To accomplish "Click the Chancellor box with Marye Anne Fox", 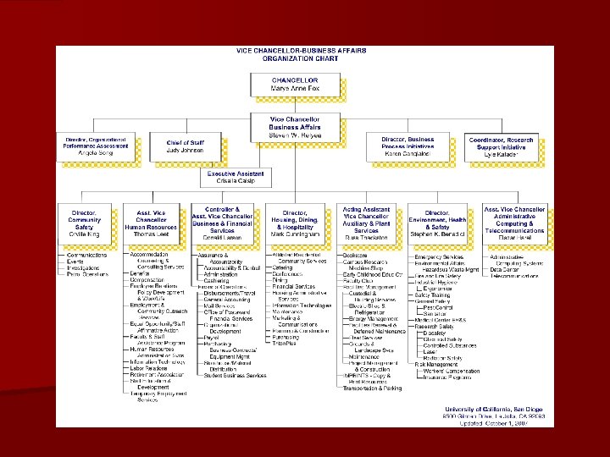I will pos(295,85).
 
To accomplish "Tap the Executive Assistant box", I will pos(236,178).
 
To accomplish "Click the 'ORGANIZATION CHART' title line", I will pos(305,60).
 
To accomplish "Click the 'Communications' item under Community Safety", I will pos(87,255).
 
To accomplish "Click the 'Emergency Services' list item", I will pos(440,256).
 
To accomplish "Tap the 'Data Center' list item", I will pos(506,269).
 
